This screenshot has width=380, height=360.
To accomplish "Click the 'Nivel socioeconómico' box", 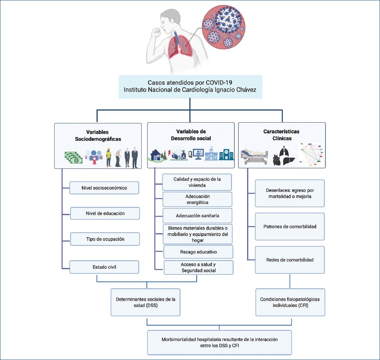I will (x=104, y=188).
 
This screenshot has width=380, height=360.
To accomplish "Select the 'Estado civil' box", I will (x=104, y=267).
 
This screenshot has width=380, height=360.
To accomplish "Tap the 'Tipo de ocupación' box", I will (x=105, y=239).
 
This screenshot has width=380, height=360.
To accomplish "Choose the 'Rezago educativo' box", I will (x=198, y=252).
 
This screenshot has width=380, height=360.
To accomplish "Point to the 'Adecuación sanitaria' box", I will (x=197, y=216).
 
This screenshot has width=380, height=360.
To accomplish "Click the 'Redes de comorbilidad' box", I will (x=290, y=260).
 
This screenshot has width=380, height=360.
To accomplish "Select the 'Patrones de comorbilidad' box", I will (x=290, y=227).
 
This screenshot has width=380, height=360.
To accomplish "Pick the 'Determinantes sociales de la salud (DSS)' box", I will (x=145, y=303).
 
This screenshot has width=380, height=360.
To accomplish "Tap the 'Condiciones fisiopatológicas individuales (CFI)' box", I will (x=290, y=303).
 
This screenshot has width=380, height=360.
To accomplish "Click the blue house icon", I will (x=156, y=155).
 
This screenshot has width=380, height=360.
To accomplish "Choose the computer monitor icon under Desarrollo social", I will (x=197, y=154).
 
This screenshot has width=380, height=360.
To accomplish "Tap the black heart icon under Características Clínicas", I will (x=277, y=159).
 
